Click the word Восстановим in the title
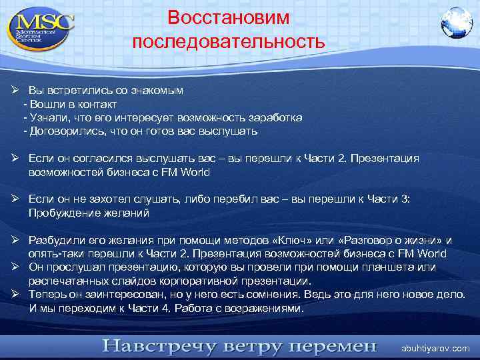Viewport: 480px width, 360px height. [228, 17]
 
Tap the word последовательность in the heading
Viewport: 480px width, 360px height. [228, 42]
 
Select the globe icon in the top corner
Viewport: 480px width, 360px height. [456, 23]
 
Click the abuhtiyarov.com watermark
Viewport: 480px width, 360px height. [435, 348]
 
